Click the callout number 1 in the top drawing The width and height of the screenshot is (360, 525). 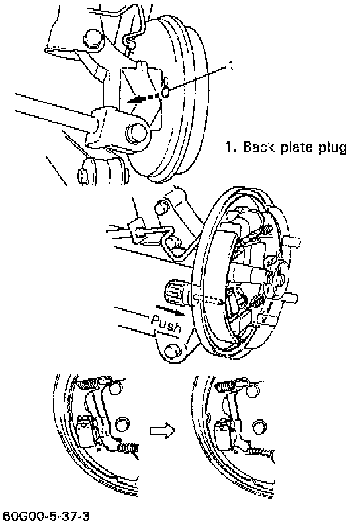pos(230,65)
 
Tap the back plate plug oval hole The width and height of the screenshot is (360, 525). pos(165,92)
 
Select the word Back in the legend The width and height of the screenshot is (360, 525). pos(257,147)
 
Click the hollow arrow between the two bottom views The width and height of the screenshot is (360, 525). pos(162,430)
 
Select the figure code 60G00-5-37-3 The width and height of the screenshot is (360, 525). pos(46,516)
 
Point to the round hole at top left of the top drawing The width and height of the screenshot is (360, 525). pos(93,38)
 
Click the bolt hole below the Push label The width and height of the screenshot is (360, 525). pos(173,351)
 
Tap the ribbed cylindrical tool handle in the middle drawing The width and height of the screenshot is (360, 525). pos(173,293)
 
